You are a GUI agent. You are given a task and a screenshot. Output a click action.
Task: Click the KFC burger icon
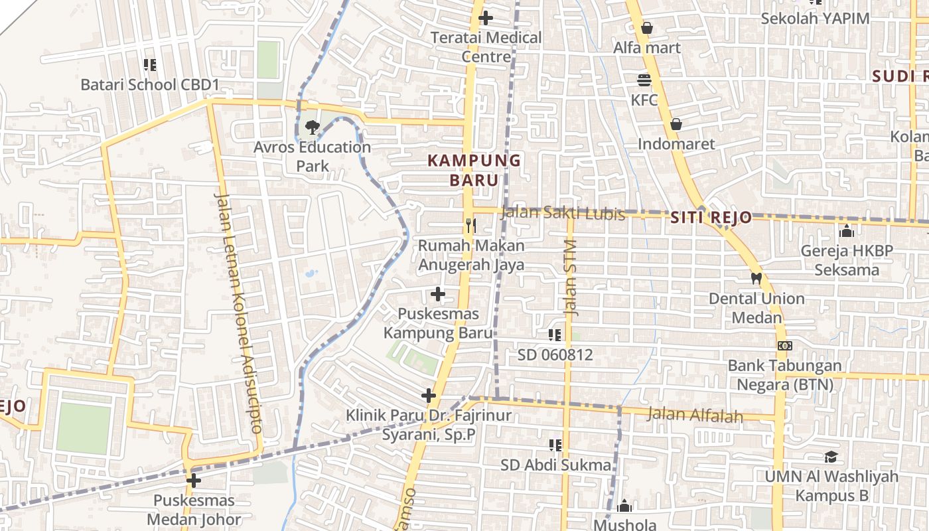644,80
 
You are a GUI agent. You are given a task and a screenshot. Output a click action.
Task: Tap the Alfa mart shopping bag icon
647,28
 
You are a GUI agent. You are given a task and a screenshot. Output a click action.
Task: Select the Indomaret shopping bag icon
676,124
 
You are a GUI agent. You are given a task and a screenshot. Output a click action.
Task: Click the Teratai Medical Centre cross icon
486,18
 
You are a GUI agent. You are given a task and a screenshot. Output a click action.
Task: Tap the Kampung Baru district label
474,170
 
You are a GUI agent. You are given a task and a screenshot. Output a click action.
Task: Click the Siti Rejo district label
711,218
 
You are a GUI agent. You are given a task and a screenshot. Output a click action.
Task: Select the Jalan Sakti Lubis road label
563,213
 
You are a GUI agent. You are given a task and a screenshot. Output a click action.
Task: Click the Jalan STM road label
572,277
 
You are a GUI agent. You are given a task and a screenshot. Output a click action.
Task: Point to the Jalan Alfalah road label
695,415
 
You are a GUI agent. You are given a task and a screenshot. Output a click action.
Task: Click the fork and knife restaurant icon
470,226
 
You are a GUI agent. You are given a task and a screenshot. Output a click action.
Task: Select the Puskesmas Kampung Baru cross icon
438,293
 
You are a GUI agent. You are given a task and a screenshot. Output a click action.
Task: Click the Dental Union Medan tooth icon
756,278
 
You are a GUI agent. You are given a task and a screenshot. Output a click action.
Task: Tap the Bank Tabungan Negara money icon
785,346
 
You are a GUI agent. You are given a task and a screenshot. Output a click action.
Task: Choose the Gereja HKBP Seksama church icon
846,231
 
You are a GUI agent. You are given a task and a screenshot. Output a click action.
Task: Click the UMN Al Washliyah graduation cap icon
831,457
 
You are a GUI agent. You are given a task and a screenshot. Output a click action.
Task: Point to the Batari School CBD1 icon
150,65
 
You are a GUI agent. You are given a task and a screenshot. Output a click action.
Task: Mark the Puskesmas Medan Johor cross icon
194,481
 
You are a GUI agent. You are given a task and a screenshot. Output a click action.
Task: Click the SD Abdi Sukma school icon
555,445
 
